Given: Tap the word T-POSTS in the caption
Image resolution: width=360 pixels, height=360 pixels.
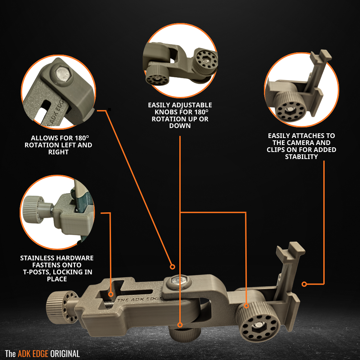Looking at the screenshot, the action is [37, 272].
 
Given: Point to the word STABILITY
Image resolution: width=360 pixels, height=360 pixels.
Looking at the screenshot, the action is [301, 157].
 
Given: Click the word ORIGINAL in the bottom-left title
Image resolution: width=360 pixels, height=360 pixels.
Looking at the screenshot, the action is [65, 354].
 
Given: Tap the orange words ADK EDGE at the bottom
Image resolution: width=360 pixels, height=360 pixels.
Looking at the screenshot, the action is [33, 354].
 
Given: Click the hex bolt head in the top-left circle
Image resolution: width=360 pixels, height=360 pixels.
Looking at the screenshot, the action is [63, 74].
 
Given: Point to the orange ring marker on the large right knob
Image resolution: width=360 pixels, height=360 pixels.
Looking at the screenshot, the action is [246, 306].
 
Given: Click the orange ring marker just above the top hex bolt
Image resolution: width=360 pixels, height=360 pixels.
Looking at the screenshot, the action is [172, 267].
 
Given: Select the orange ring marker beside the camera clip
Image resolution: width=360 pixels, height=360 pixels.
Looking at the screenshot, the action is [304, 284].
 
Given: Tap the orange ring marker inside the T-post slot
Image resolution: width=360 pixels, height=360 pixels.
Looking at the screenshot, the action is [111, 294].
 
